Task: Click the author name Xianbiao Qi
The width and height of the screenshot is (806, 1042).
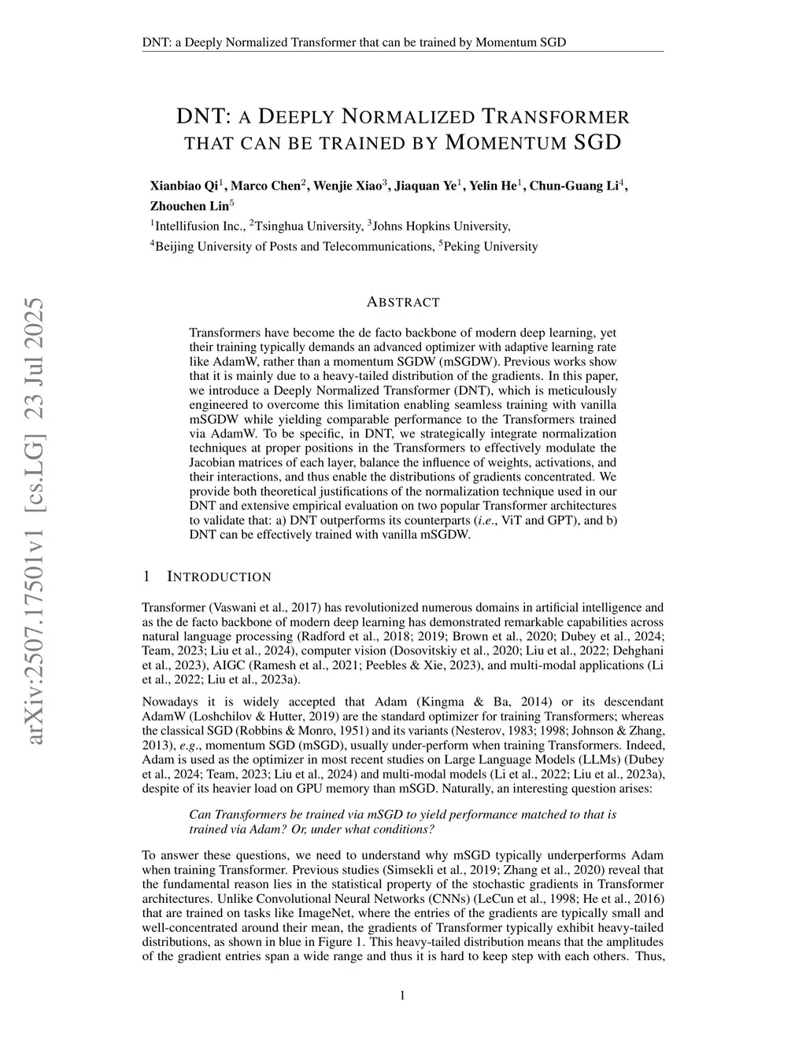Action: [183, 186]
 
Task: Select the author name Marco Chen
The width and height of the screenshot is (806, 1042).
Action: [265, 186]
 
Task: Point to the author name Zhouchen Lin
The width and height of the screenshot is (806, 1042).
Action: [190, 207]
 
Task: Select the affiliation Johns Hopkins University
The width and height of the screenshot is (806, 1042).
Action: [441, 226]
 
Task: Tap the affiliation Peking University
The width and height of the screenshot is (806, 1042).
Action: [490, 247]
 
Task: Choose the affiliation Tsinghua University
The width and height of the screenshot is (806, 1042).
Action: [308, 226]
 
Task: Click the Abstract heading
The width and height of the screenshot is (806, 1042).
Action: [403, 302]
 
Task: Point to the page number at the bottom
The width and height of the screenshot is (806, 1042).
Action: [403, 996]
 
